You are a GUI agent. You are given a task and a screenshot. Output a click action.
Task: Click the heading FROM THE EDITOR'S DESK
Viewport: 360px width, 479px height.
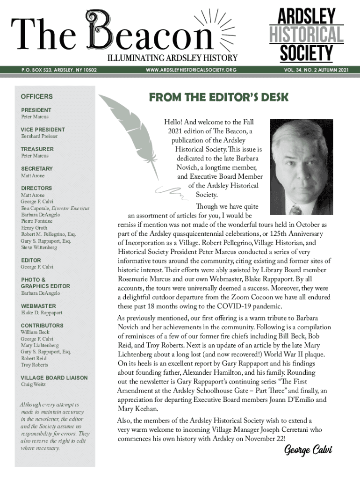218,97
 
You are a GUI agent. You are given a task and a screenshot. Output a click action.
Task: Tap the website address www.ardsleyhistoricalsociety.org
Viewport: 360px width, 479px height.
191,70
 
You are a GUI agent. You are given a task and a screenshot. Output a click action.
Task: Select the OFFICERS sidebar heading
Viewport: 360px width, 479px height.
37,96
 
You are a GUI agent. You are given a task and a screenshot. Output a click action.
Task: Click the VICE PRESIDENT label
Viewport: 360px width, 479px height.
43,130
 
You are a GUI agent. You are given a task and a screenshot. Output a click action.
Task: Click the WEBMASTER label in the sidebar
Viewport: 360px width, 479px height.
38,306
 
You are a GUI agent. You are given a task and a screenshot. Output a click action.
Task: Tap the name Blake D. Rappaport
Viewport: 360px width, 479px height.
42,312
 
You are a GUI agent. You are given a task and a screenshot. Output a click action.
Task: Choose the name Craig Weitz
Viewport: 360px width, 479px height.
33,385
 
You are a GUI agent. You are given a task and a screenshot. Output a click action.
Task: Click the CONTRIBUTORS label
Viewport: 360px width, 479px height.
42,326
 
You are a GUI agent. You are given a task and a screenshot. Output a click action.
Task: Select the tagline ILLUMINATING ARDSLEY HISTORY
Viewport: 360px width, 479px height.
173,58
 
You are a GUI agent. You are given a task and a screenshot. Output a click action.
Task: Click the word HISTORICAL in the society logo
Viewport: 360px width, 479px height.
306,35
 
